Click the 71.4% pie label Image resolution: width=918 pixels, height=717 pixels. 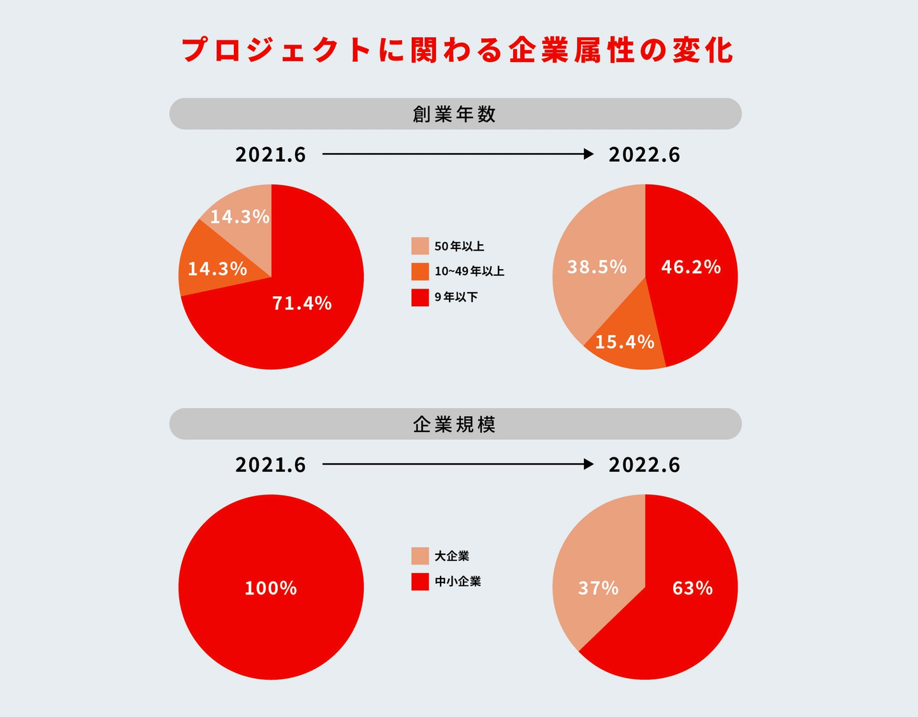point(302,303)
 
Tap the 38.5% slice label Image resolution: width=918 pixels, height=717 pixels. point(597,266)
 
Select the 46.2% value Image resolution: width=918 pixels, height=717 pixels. point(691,266)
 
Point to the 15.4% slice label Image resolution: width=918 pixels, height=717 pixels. point(624,342)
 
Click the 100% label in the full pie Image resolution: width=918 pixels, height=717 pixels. point(271,588)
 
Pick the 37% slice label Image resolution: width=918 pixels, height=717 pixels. point(598,588)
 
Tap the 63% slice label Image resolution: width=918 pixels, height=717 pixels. point(692,588)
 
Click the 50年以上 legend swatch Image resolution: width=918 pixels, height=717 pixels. point(420,246)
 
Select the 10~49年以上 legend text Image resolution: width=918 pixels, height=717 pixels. point(469,272)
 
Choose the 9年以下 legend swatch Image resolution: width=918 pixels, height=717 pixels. point(420,297)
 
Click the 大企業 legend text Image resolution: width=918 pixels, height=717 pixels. point(452,556)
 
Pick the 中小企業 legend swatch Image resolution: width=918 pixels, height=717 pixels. point(420,581)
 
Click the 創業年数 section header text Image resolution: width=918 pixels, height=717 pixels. point(455,114)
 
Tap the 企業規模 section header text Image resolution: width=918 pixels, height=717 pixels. point(455,424)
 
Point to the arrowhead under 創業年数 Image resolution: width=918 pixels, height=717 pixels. point(589,154)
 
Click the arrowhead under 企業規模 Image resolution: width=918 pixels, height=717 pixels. point(589,465)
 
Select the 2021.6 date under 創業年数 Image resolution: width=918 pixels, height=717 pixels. point(271,155)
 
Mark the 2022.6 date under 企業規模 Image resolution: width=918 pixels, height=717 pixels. point(645,465)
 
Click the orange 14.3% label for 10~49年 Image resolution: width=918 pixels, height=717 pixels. point(217,269)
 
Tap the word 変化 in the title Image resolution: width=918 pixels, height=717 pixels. point(703,50)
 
